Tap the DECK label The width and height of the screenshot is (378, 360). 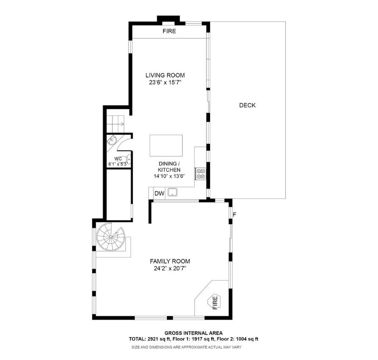click(x=247, y=105)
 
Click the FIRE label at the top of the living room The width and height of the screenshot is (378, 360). click(x=169, y=31)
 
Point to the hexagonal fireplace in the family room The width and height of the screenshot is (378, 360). click(x=214, y=303)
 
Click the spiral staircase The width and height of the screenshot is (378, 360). click(x=111, y=238)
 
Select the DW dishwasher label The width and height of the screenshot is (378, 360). click(x=159, y=194)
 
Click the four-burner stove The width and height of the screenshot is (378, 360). click(x=200, y=174)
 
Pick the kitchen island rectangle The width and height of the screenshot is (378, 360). click(x=166, y=146)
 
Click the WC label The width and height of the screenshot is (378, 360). click(x=118, y=159)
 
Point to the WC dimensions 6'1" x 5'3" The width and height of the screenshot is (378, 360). click(x=117, y=164)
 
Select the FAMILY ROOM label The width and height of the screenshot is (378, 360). click(x=170, y=261)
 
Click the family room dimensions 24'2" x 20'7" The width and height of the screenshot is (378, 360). click(x=170, y=268)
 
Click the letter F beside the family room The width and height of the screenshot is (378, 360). click(x=234, y=214)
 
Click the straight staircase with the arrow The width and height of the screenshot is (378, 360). click(x=115, y=123)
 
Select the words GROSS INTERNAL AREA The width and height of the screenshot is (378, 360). click(x=193, y=333)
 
